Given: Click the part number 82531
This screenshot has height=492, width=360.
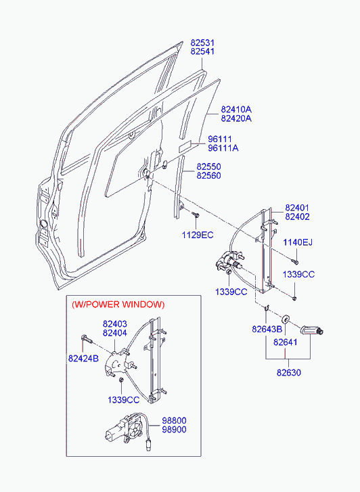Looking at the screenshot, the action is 202,43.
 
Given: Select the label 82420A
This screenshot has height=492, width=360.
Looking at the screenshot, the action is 236,118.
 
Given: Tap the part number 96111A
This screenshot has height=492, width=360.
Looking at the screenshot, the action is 223,148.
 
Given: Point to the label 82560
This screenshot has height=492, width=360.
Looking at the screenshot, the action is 208,175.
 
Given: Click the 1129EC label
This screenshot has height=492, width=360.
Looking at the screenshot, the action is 198,235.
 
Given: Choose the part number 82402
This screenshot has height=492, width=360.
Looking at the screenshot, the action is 297,217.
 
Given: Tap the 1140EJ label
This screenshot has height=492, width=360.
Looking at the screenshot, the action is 298,242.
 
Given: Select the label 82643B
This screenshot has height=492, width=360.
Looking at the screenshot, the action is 267,329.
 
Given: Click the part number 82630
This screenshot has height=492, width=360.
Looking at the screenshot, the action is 289,372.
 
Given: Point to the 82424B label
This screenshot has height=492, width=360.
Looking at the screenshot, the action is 83,358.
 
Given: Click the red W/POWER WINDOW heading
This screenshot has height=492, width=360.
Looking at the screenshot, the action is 118,305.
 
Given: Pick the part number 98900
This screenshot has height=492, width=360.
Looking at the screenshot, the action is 174,429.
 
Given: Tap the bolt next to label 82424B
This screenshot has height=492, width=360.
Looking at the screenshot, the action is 87,339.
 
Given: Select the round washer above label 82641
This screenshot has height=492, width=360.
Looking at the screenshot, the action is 286,319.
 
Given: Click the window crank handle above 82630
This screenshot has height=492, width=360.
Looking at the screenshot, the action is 312,330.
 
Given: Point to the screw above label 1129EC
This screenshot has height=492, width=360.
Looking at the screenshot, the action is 196,215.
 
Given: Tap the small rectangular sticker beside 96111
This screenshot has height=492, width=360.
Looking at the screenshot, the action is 185,147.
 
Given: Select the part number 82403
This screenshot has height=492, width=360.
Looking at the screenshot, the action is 115,323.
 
